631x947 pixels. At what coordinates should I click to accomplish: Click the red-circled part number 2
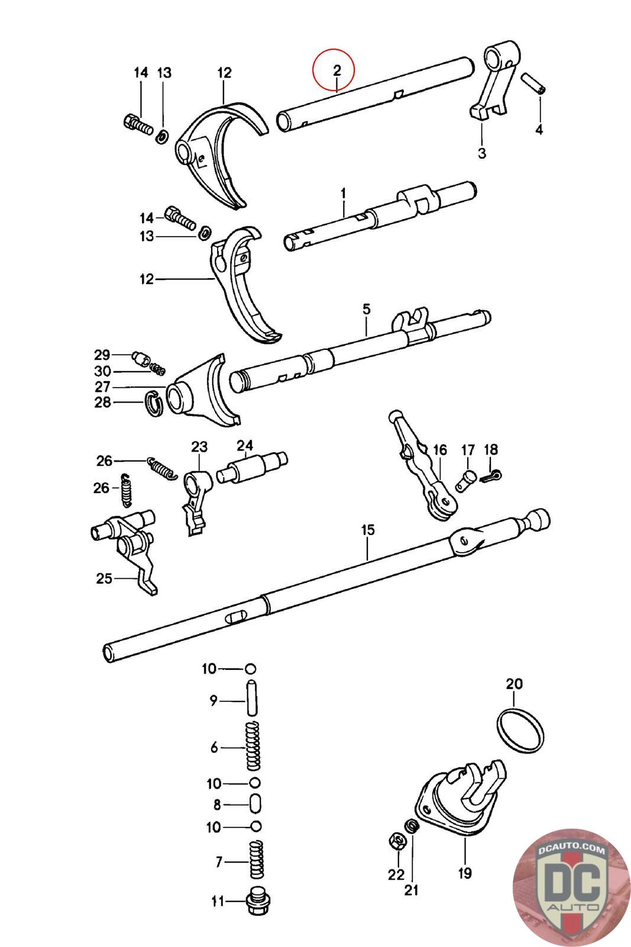(x=336, y=70)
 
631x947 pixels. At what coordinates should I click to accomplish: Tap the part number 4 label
(x=539, y=130)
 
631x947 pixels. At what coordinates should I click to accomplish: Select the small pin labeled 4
(x=533, y=83)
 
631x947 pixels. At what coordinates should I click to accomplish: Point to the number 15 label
(x=367, y=530)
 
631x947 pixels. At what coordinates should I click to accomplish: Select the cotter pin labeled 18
(x=491, y=476)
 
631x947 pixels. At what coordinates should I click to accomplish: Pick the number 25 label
(x=104, y=578)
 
